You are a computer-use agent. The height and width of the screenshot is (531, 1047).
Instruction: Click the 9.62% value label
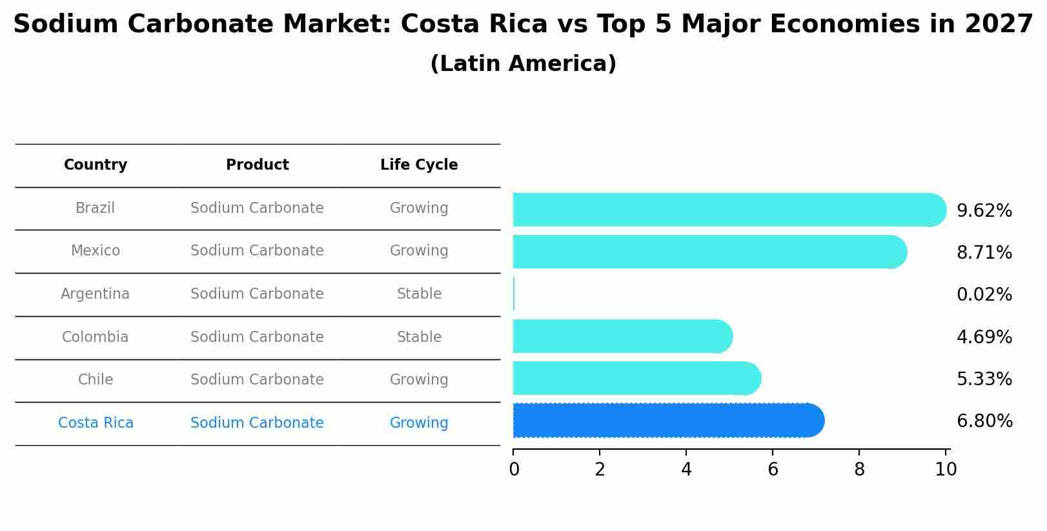[x=984, y=211]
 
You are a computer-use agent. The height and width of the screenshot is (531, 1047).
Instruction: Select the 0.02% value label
[x=984, y=295]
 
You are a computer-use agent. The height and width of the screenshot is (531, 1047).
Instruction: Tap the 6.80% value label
[x=984, y=421]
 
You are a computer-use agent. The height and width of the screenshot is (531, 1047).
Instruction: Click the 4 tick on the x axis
[x=686, y=470]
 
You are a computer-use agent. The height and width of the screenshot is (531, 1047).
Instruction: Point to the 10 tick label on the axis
[x=946, y=470]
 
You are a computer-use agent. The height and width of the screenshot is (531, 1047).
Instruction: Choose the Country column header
[x=96, y=165]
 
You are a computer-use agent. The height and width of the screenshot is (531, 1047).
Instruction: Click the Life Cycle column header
[x=419, y=165]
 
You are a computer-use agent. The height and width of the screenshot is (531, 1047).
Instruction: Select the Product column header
[x=257, y=165]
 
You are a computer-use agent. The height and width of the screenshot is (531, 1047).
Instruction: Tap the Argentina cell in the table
[x=96, y=294]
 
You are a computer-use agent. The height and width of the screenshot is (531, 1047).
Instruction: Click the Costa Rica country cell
[x=96, y=423]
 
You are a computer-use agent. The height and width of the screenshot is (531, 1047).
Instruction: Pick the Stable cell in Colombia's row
[x=419, y=337]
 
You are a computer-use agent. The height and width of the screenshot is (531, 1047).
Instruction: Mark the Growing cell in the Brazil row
[x=419, y=208]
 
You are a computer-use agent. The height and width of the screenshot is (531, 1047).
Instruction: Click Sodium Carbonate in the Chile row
[x=257, y=380]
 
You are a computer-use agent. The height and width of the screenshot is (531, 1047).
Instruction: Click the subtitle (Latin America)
[x=523, y=64]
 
